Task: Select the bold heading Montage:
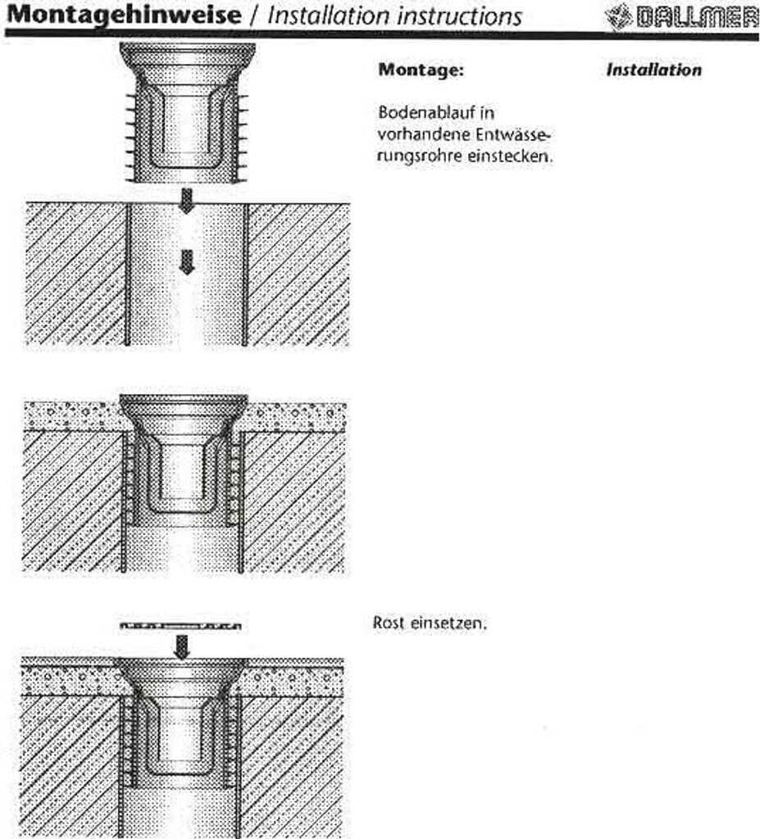[421, 70]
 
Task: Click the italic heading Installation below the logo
[654, 70]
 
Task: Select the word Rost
[388, 624]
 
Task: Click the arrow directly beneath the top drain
[187, 200]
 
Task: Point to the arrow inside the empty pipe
[187, 261]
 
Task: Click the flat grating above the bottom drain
[181, 627]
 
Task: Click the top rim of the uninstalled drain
[187, 51]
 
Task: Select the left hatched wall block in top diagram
[74, 274]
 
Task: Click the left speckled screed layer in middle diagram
[70, 415]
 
